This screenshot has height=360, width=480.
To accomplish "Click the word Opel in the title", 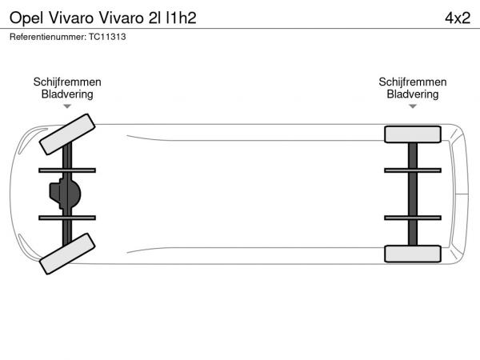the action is [26, 18].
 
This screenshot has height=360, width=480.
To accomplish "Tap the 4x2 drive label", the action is [458, 18].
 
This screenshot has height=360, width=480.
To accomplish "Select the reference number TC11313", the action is [107, 37].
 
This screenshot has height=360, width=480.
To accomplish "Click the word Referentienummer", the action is [48, 37].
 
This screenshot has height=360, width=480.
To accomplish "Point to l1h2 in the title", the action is [181, 18].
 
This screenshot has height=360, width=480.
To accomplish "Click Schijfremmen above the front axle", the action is [67, 82].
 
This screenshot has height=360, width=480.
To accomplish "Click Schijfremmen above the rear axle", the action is [413, 82].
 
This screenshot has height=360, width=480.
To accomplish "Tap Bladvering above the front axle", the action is [67, 94].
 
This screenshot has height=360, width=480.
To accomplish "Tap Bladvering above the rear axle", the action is [413, 94].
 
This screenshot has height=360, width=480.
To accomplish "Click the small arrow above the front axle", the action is [67, 106].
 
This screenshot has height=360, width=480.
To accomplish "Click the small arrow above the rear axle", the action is [413, 106].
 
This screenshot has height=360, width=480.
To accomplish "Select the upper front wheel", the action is [67, 134].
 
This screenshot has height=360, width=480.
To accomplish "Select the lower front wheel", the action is [67, 254].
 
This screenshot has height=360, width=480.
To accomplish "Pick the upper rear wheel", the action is [413, 134].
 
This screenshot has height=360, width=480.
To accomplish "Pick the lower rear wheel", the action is [413, 254].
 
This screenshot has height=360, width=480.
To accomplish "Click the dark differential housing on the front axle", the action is [65, 194].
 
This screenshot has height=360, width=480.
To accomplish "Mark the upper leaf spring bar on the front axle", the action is [67, 170].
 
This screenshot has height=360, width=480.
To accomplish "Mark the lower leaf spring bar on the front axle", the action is [67, 218].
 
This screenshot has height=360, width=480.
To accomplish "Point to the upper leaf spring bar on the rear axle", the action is [413, 170].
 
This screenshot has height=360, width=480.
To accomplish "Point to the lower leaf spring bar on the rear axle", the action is [413, 218].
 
